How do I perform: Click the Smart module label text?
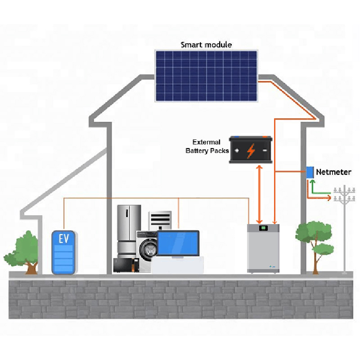(x=206, y=45)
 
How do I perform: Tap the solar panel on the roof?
(x=206, y=76)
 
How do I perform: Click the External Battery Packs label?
(x=207, y=146)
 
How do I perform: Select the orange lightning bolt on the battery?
(x=251, y=151)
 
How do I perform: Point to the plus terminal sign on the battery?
(x=237, y=150)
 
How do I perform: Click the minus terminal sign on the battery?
(x=265, y=150)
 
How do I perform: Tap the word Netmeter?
(x=333, y=172)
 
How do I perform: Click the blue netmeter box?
(x=310, y=172)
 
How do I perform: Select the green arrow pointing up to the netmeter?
(x=319, y=187)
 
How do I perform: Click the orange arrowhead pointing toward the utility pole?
(x=329, y=198)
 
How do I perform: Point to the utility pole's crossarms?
(x=344, y=195)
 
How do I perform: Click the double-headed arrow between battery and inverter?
(x=260, y=194)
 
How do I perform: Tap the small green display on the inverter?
(x=263, y=228)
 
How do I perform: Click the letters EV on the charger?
(x=64, y=239)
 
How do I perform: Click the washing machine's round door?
(x=148, y=250)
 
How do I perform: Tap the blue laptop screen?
(x=178, y=243)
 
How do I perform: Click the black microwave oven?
(x=126, y=265)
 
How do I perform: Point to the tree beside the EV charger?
(x=22, y=252)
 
